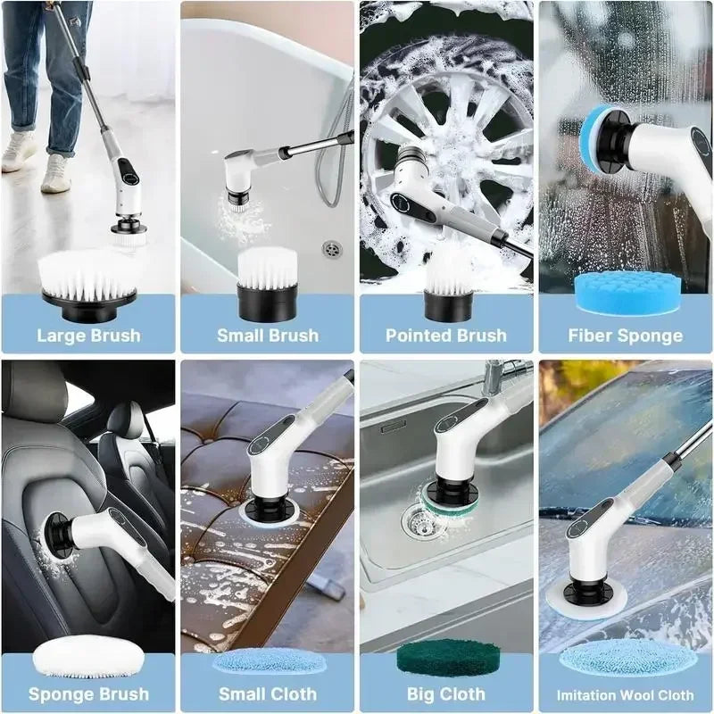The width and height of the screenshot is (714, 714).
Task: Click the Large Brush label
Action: coord(88,336)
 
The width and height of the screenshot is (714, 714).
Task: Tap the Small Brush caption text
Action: coord(268,336)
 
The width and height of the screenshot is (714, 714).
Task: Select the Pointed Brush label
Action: coord(446,336)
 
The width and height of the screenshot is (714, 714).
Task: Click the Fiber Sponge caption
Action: coord(625,336)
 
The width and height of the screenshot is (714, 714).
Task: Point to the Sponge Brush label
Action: coord(88,693)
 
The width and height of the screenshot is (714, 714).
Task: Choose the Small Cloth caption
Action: coord(268,693)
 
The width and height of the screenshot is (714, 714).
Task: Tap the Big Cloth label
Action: coord(446,693)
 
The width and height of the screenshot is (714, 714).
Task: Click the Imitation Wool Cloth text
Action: coord(625,694)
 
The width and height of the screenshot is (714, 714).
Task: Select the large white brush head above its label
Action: coord(87,281)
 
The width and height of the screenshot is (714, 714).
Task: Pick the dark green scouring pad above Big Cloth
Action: coord(446,659)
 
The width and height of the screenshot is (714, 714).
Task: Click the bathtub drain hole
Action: coord(332,248)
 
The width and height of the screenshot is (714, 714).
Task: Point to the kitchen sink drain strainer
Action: coord(416,516)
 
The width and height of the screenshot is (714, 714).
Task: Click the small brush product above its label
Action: coord(268,284)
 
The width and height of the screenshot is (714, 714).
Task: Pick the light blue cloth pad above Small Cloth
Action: coord(268,661)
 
